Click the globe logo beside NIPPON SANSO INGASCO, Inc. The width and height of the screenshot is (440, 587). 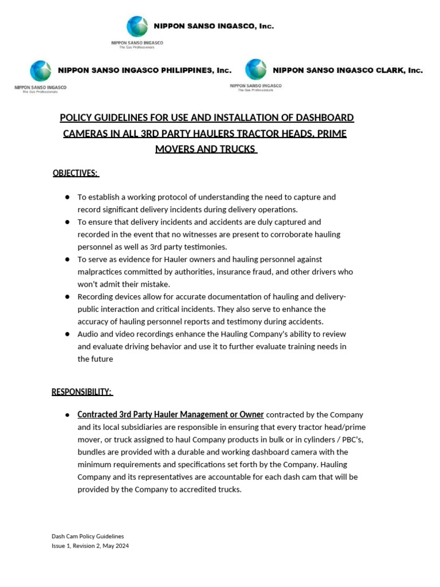coord(137,26)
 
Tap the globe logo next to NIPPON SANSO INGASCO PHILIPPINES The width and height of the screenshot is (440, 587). coord(41,71)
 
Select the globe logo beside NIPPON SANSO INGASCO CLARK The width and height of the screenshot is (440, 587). coord(256,69)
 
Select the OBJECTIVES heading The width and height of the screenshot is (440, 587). coord(76,173)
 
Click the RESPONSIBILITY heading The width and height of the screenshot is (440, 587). coord(82,392)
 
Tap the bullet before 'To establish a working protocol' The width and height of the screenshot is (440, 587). coord(67,197)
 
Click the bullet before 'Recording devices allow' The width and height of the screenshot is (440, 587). coord(67,297)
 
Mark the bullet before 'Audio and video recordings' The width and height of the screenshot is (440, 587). coord(67,334)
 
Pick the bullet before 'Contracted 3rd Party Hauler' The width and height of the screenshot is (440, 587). coord(67,414)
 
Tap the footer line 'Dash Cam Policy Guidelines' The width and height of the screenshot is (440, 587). coord(88,537)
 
